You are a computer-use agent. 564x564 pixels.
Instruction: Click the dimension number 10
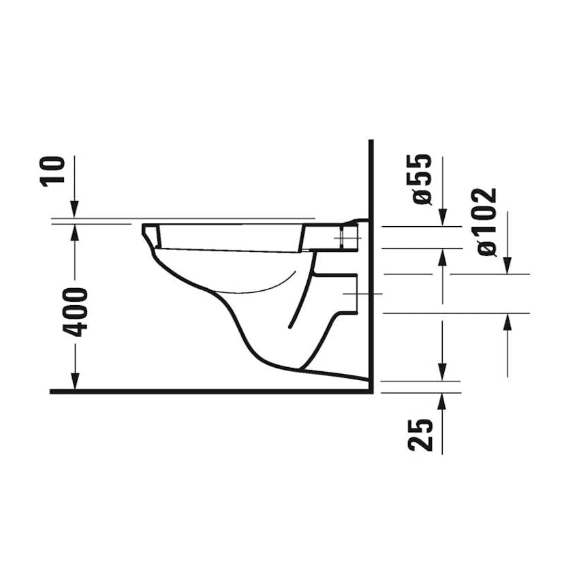(53, 171)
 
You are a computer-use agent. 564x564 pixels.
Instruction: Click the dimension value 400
(75, 312)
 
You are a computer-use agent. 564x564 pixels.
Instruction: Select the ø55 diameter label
(422, 179)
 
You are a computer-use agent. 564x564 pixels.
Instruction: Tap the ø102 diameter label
(488, 222)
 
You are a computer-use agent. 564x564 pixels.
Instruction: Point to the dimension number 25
(420, 435)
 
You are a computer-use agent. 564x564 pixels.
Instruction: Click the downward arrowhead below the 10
(74, 210)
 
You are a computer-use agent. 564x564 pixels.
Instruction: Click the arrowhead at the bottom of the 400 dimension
(75, 381)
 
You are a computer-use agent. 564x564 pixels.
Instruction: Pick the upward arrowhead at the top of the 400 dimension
(75, 233)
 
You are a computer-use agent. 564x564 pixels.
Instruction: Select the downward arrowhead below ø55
(443, 218)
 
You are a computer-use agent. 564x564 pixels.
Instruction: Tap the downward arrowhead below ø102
(507, 266)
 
